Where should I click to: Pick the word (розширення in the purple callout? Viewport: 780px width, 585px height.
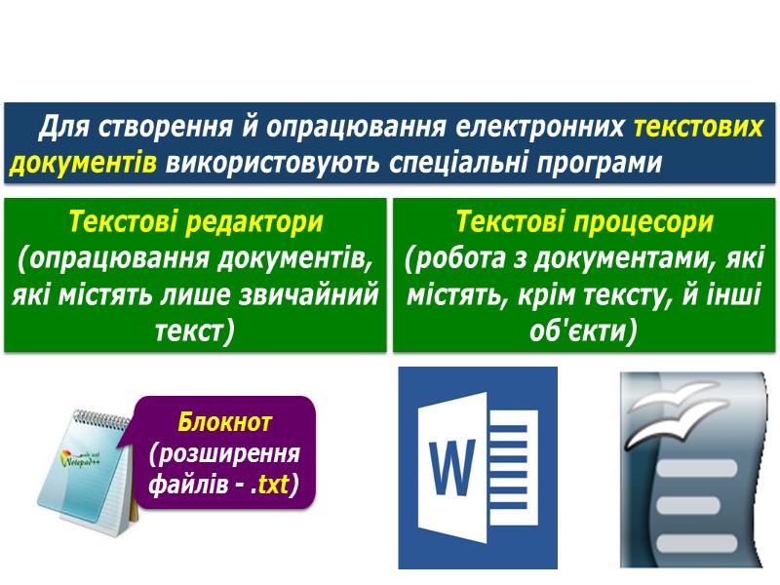point(225,453)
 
